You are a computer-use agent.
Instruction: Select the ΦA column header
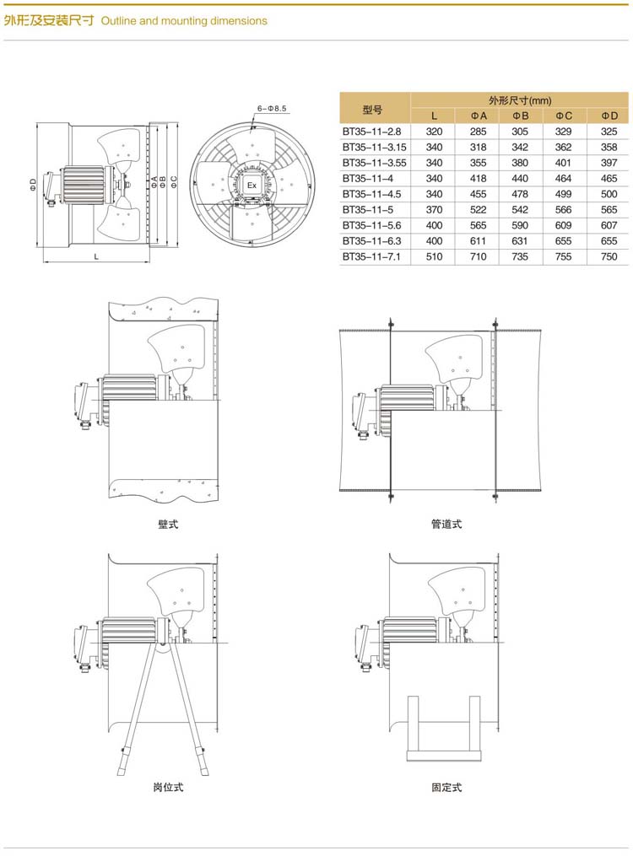478,116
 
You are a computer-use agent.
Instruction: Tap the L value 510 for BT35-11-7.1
434,256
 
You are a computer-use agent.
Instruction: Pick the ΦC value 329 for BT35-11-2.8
563,132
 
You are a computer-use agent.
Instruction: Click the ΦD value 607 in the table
609,225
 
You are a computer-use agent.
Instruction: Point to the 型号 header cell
372,110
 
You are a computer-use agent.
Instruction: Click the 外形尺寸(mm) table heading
520,100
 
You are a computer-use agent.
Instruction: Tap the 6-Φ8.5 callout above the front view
272,109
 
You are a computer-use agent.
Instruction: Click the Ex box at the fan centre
252,186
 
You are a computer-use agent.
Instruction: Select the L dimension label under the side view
96,256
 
